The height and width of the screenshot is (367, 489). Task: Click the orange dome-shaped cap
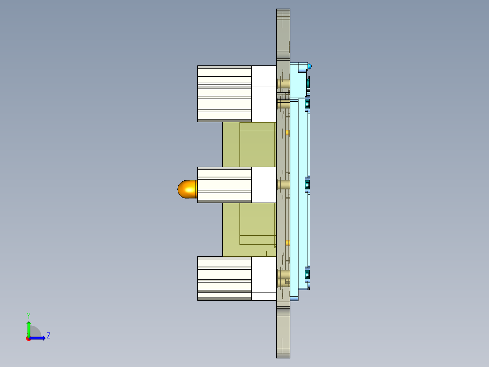coord(186,189)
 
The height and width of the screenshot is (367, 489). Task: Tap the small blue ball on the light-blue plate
coord(310,67)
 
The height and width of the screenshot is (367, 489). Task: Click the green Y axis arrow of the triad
coord(29,328)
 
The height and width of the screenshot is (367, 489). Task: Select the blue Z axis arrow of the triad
coord(39,338)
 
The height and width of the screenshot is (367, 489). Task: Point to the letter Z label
coord(49,336)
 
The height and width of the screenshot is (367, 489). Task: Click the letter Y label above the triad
coord(29,315)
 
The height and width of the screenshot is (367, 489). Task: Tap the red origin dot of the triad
coord(29,338)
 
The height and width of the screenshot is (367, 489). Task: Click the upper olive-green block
coord(249,144)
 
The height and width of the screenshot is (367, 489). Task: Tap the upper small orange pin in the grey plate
coord(288,132)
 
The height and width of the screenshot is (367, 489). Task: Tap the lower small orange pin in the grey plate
coord(288,243)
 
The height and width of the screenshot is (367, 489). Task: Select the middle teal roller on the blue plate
coord(308,184)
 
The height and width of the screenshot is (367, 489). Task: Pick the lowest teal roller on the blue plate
coord(308,275)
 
